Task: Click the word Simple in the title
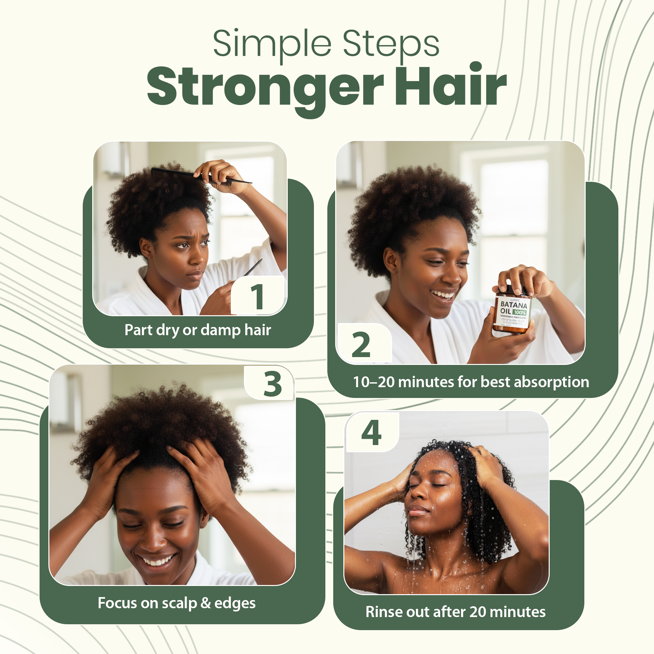click(272, 44)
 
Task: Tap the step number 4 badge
click(371, 433)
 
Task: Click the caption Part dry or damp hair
click(198, 330)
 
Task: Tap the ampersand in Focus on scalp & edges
click(206, 603)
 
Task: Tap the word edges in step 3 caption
click(235, 603)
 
